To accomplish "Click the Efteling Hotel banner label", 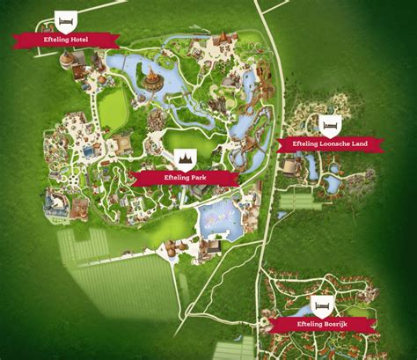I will pyautogui.click(x=66, y=39).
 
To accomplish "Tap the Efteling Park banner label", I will pyautogui.click(x=186, y=178).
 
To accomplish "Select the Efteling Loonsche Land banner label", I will pyautogui.click(x=329, y=143).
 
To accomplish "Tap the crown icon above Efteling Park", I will pyautogui.click(x=186, y=158).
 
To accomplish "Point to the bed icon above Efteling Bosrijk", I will pyautogui.click(x=320, y=306).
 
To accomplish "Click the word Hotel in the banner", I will pyautogui.click(x=78, y=39).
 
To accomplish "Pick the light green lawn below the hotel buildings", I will pyautogui.click(x=112, y=110).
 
